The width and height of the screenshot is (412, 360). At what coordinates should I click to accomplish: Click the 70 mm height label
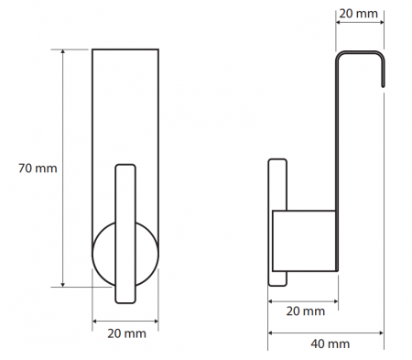point(38,169)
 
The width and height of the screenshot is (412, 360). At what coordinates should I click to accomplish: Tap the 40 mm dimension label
point(331,344)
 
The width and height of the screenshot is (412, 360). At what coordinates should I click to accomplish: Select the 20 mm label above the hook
point(358,14)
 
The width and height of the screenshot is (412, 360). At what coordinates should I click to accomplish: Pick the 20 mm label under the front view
point(126,333)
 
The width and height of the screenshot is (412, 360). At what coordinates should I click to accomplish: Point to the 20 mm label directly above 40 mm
point(306,311)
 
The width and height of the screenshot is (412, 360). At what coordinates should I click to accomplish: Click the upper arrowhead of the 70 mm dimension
point(63,51)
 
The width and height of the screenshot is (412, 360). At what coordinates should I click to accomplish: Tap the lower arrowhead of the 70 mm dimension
point(63,284)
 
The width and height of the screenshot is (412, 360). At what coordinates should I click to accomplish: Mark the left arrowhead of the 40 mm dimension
point(271,333)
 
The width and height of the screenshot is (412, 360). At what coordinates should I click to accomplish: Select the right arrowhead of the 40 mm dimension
point(381,333)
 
